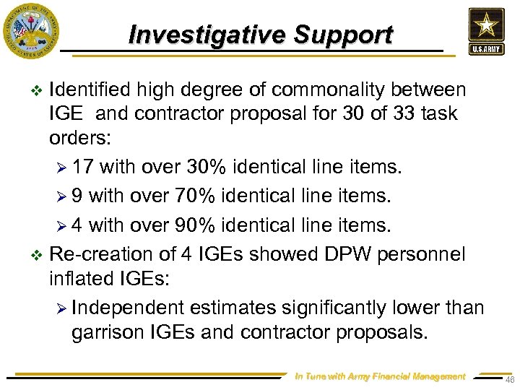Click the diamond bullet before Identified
(x=38, y=90)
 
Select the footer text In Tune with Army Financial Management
(x=381, y=376)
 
